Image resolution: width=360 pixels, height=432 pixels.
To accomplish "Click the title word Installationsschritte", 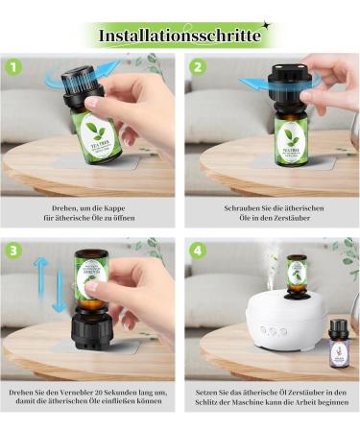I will [180, 36].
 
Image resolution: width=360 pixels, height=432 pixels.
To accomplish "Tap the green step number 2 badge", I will [198, 67].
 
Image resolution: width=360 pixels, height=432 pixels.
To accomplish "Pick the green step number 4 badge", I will [198, 250].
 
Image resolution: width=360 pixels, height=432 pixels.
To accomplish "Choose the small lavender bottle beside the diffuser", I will [337, 344].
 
